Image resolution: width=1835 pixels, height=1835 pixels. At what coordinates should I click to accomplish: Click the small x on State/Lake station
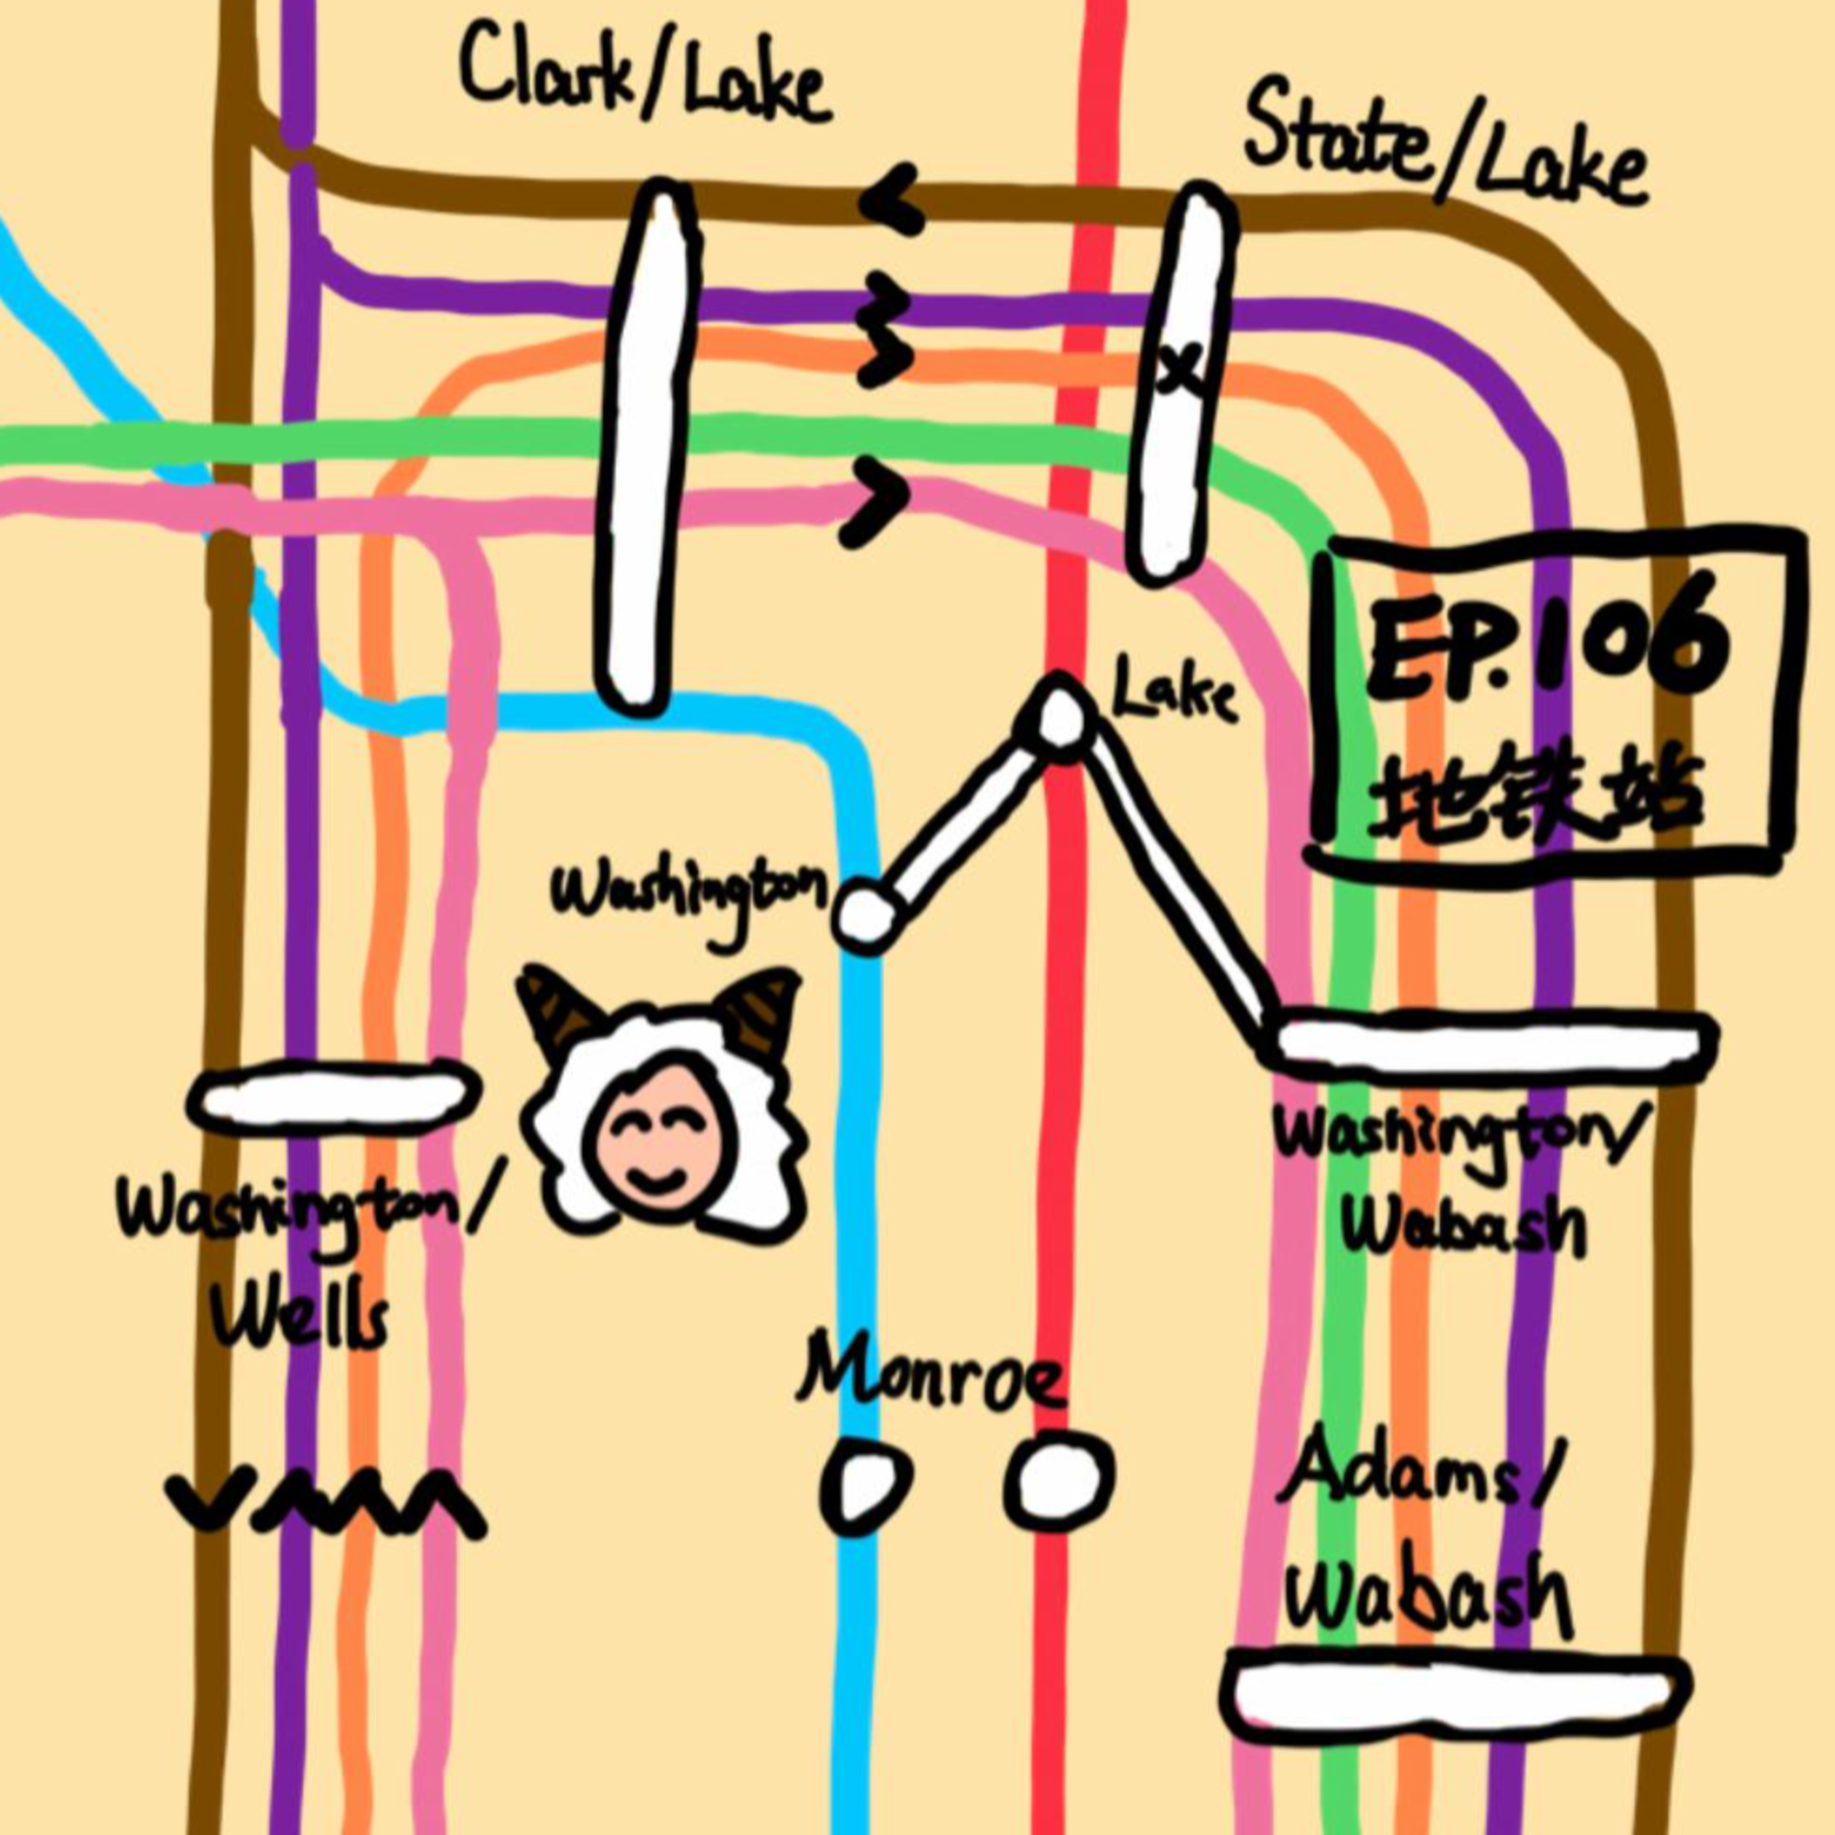1181,368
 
